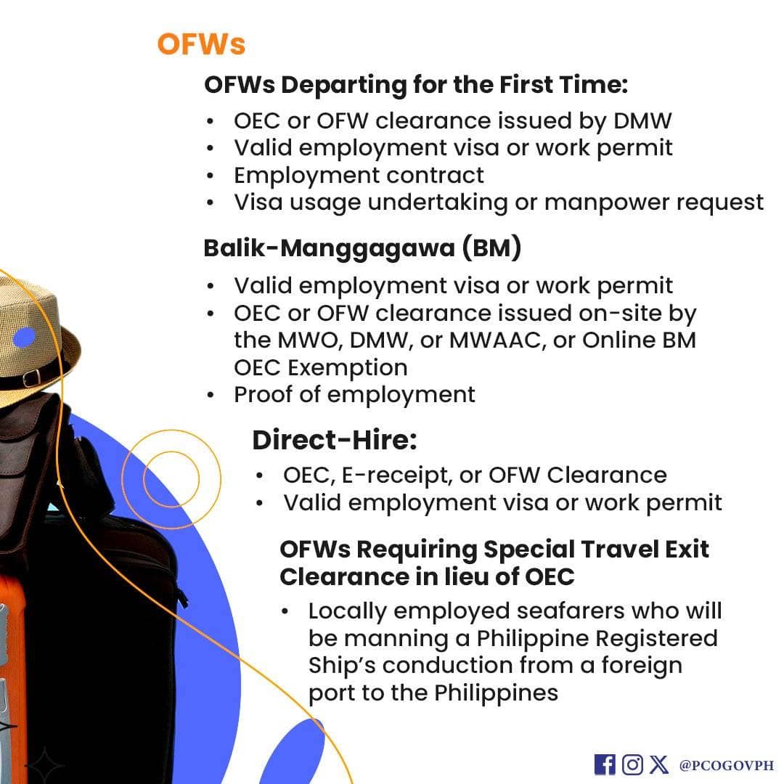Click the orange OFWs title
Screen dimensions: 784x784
click(201, 44)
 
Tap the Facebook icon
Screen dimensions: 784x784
click(605, 764)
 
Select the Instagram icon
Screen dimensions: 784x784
click(632, 764)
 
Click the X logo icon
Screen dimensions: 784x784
click(659, 764)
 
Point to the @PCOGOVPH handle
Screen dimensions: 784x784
click(726, 765)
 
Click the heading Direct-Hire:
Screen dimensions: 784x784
click(335, 441)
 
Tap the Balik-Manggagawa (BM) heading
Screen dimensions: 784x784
click(362, 248)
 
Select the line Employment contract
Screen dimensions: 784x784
click(359, 176)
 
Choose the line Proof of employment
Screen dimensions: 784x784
click(354, 395)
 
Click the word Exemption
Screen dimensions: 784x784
click(348, 368)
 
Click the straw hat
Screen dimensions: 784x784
click(35, 345)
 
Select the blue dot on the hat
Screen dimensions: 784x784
click(24, 338)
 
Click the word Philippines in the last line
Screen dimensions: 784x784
click(496, 693)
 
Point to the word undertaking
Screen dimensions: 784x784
click(438, 203)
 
